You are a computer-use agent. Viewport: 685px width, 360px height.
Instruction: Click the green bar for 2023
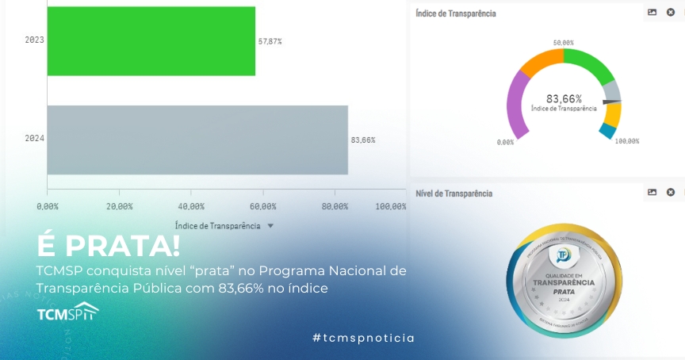tap(151, 41)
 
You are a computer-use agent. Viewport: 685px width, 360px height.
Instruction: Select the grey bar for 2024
tap(197, 140)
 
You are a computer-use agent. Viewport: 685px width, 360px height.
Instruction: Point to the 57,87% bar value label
tap(270, 41)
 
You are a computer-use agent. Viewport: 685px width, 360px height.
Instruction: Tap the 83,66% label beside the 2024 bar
tap(363, 140)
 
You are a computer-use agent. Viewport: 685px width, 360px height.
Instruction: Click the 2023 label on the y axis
tap(34, 40)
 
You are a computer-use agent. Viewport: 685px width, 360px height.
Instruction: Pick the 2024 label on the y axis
tap(34, 139)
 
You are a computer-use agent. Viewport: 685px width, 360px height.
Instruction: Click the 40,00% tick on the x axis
tap(191, 206)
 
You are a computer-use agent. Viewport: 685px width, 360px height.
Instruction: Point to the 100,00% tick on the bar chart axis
tap(390, 206)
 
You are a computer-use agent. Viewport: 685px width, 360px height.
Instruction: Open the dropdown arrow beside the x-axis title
tap(270, 226)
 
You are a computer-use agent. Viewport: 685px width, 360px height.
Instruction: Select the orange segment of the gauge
tap(542, 61)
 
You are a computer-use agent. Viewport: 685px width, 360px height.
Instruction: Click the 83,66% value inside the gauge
tap(564, 99)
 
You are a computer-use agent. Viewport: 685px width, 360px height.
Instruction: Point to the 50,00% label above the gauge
tap(564, 43)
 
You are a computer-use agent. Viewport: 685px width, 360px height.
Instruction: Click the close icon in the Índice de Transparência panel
tap(671, 13)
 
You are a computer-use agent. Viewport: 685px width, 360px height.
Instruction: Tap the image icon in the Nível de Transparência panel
tap(652, 193)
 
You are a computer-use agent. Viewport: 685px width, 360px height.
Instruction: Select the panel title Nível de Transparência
tap(453, 193)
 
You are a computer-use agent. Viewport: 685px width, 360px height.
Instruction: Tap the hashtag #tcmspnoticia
tap(363, 338)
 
